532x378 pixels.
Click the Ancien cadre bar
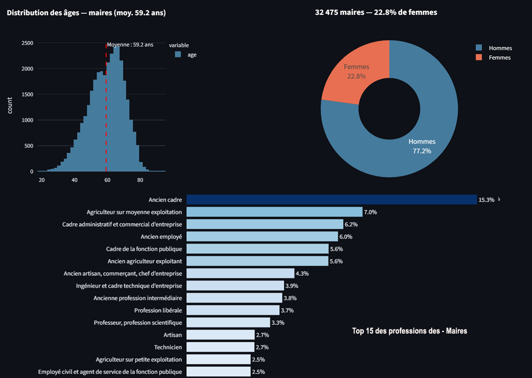coord(331,200)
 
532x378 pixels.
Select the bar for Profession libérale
coord(233,310)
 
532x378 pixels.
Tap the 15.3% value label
coord(486,200)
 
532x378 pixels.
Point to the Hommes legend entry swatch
coord(479,48)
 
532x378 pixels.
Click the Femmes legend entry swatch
coord(479,58)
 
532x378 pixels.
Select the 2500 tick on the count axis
coord(28,43)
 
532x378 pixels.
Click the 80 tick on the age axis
coord(140,180)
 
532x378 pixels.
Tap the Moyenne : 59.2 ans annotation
coord(130,45)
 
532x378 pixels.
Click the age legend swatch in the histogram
coord(178,55)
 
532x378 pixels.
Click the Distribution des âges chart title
coord(86,13)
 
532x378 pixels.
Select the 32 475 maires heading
coord(376,12)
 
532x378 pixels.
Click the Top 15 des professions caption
coord(409,331)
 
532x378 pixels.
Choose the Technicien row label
coord(168,347)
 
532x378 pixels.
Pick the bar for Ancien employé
coord(262,237)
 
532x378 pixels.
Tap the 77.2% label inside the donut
coord(422,151)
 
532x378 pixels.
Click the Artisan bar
coord(220,335)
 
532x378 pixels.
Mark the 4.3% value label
coord(302,273)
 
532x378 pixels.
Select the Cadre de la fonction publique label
coord(144,249)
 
